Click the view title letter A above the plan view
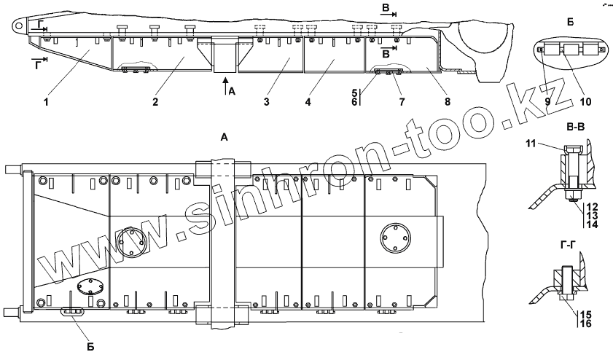[224, 136]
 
